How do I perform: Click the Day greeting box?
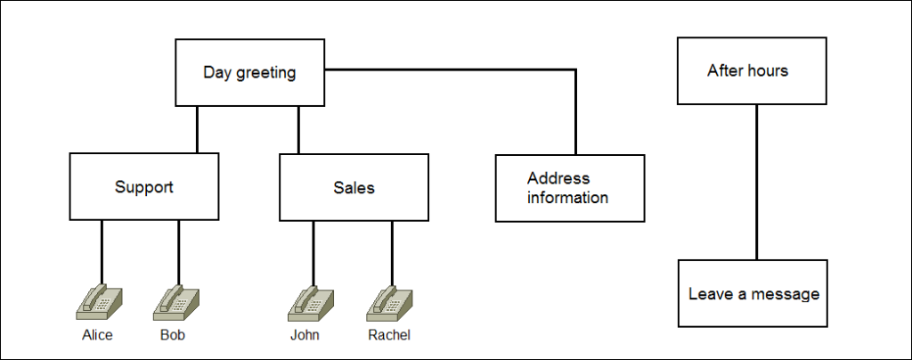pyautogui.click(x=249, y=72)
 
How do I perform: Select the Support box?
pyautogui.click(x=143, y=187)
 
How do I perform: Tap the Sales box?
pyautogui.click(x=354, y=187)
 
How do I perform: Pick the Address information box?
pyautogui.click(x=570, y=188)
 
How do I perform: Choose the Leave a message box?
pyautogui.click(x=753, y=293)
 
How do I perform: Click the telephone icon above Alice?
pyautogui.click(x=100, y=302)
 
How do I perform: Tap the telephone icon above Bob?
pyautogui.click(x=177, y=302)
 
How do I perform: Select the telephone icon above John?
pyautogui.click(x=312, y=302)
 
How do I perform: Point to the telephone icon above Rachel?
pyautogui.click(x=390, y=302)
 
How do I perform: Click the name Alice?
pyautogui.click(x=99, y=336)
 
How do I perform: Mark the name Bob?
pyautogui.click(x=173, y=336)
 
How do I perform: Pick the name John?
pyautogui.click(x=305, y=336)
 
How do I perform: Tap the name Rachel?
pyautogui.click(x=389, y=336)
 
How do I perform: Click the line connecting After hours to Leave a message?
pyautogui.click(x=756, y=182)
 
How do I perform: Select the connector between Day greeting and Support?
pyautogui.click(x=197, y=129)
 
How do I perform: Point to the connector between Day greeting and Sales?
pyautogui.click(x=298, y=129)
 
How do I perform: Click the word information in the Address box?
pyautogui.click(x=567, y=198)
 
